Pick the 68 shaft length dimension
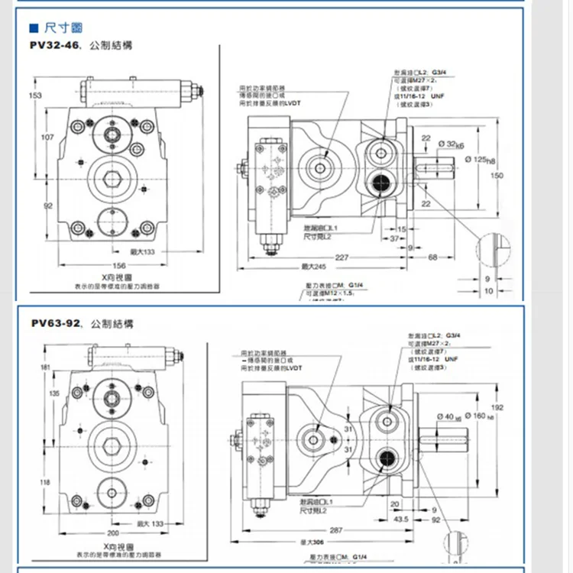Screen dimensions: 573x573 432,257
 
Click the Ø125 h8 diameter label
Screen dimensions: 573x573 480,159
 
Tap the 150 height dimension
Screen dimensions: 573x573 497,175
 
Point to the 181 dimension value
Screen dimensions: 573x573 44,369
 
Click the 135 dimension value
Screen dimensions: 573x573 54,393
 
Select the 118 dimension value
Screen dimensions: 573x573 45,482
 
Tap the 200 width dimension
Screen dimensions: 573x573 114,533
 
